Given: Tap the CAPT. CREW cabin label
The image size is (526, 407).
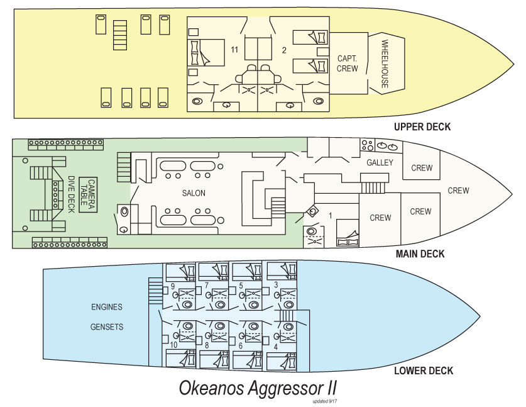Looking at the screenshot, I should pos(348,63).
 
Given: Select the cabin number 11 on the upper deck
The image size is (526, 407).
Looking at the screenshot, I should pos(235,49).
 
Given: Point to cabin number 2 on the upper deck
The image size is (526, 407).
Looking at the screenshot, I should pos(284,49).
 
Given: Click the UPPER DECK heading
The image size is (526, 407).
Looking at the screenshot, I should pos(422,127).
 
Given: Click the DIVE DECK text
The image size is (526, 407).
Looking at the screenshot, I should pos(71,194).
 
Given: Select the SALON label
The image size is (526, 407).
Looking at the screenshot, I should pos(194,193).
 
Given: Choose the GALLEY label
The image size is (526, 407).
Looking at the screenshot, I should pos(380,163).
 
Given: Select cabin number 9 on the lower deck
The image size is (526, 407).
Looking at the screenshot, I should pos(172,287).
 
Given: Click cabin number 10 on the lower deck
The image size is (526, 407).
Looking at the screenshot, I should pos(173,345).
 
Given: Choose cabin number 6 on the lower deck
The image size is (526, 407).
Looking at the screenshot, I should pos(241,345).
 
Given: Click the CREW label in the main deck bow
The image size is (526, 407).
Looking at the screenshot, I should pos(458,191).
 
